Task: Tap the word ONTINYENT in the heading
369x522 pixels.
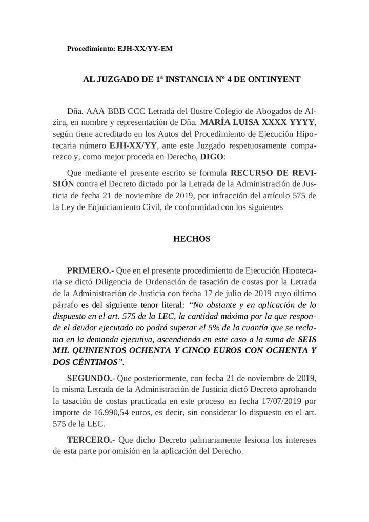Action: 274,79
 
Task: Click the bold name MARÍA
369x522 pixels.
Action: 218,123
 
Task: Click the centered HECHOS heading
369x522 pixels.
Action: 192,239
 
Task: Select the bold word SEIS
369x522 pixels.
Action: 306,339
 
